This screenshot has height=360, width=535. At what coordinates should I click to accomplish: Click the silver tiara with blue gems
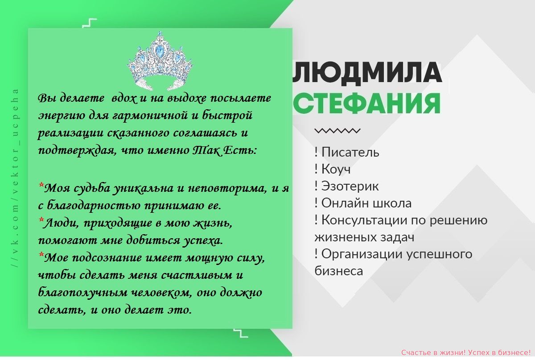click(160, 61)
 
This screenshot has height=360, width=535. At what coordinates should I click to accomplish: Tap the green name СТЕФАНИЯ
click(367, 103)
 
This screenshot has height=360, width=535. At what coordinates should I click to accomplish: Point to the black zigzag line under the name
click(337, 131)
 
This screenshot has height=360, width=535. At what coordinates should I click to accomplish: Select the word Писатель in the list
click(350, 152)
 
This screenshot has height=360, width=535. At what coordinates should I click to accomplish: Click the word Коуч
click(336, 169)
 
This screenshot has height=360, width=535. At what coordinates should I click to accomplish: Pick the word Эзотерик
click(350, 186)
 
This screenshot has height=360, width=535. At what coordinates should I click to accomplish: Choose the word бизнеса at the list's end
click(339, 271)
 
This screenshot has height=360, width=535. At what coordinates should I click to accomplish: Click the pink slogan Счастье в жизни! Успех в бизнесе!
click(467, 352)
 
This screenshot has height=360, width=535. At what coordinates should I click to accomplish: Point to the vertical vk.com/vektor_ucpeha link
click(15, 178)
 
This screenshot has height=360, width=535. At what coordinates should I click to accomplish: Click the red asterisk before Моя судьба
click(41, 185)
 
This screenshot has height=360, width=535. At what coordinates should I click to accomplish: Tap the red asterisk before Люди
click(41, 219)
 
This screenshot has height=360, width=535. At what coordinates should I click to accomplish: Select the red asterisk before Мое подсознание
click(41, 254)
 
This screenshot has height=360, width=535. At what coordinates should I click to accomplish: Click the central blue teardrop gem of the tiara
click(159, 50)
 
